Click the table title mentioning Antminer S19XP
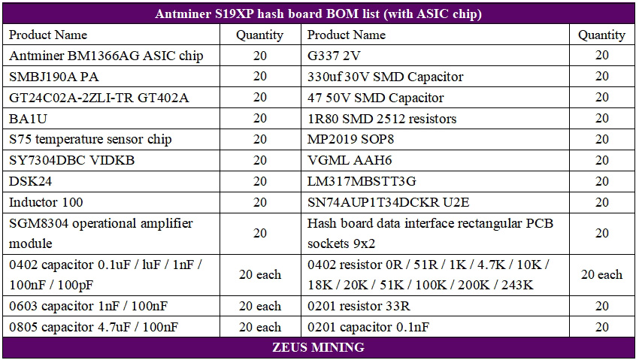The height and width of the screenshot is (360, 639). point(318,14)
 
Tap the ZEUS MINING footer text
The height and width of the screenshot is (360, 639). point(318,347)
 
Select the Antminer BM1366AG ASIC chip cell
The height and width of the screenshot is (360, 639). point(106,56)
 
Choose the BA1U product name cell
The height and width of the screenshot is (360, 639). point(29,119)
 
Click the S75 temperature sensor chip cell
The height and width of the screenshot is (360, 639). point(90,139)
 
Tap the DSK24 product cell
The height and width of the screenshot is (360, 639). point(29,181)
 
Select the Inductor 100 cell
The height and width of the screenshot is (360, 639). point(46,202)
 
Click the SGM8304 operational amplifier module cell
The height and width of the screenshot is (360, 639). point(101,233)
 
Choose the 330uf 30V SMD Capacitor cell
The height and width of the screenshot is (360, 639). point(385,77)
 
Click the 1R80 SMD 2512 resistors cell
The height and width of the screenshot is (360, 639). point(382,119)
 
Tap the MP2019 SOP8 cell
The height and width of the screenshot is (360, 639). point(350,139)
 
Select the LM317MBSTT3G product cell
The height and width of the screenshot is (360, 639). point(362,181)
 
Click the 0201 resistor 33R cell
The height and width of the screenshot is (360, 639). point(359,306)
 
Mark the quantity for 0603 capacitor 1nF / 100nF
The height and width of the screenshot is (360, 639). point(259,306)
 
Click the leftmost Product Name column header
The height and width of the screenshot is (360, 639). point(48,35)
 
